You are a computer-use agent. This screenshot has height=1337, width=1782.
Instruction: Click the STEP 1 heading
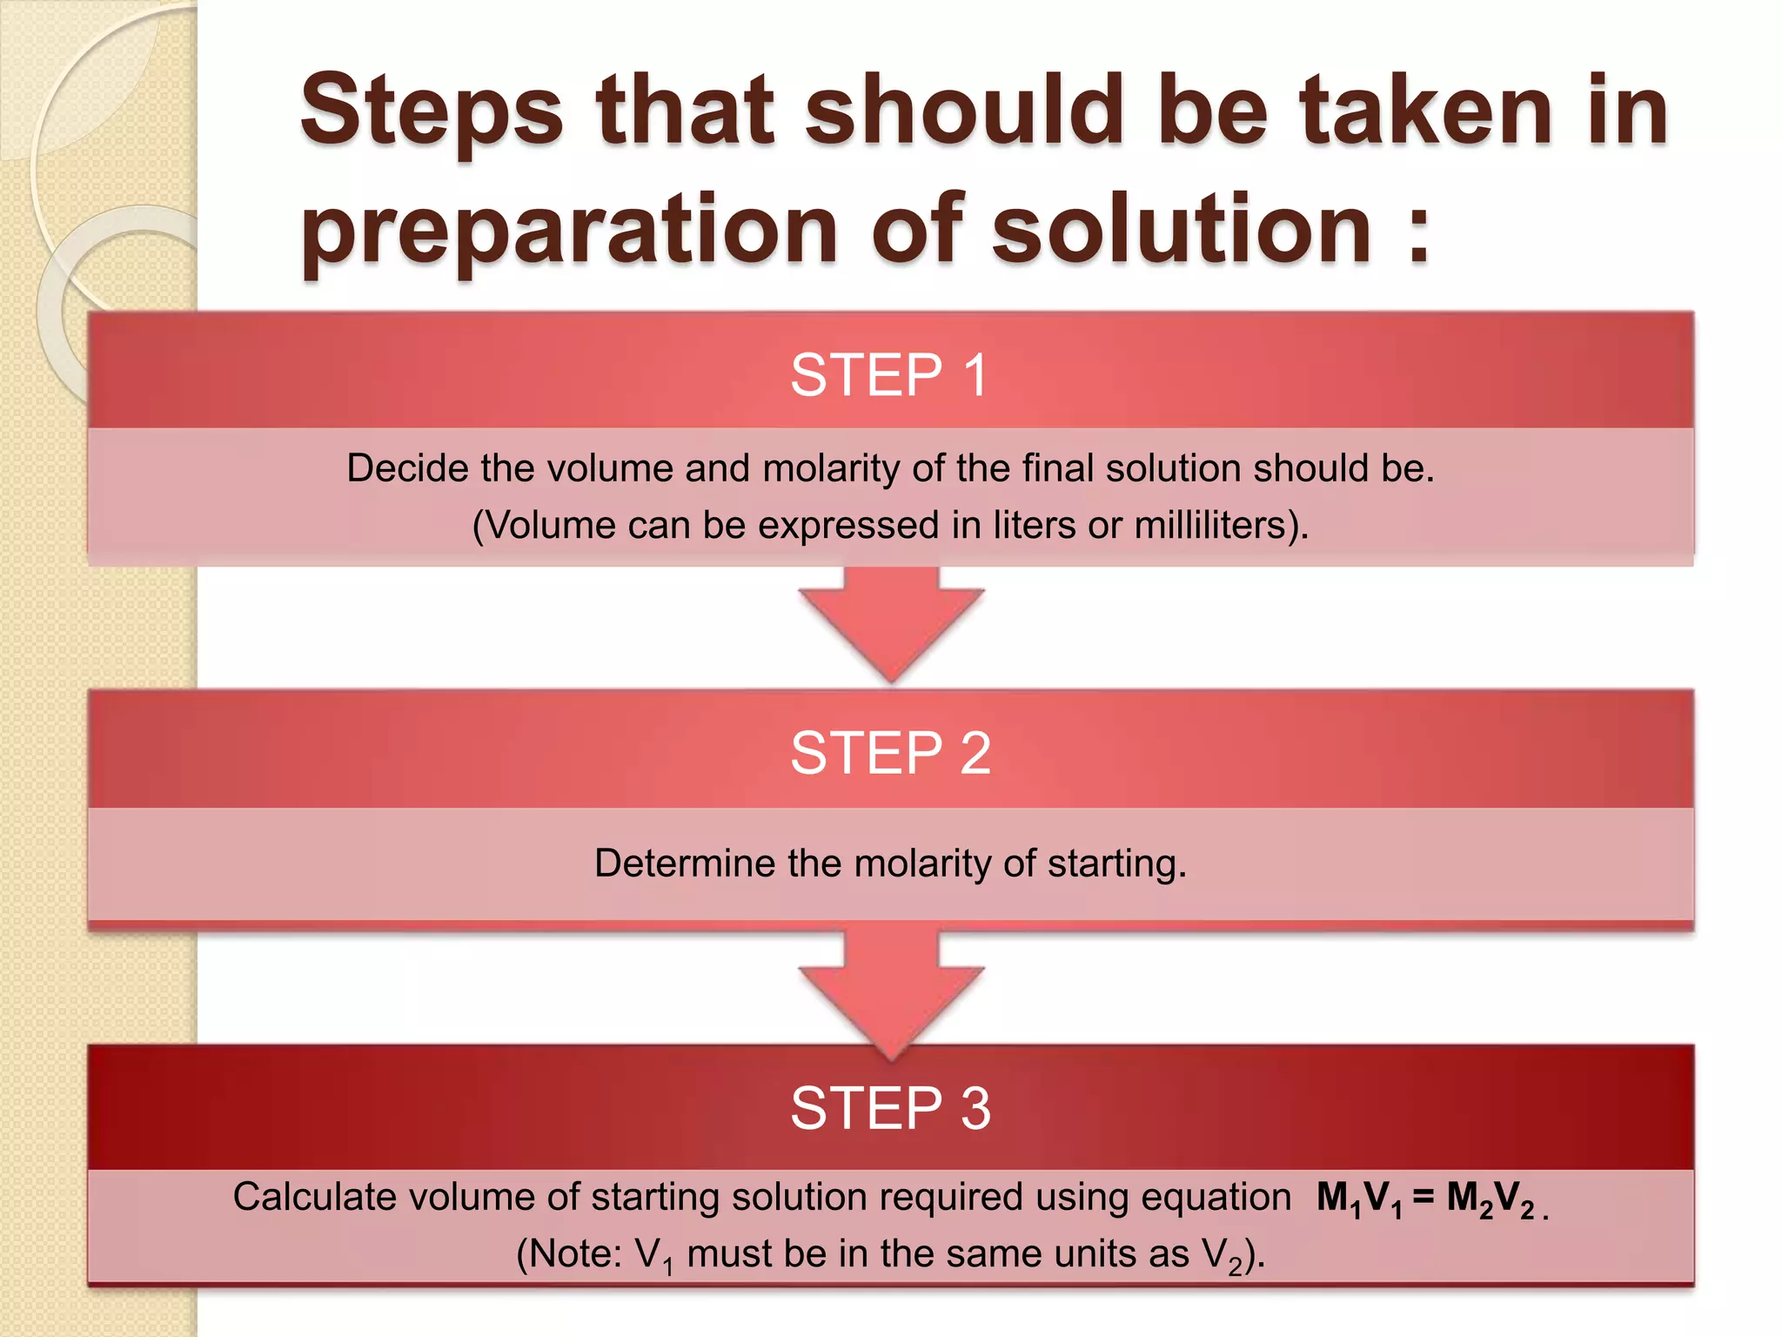point(888,375)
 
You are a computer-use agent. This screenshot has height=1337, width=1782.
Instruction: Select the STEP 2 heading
point(890,753)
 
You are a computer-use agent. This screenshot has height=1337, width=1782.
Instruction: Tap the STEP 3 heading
point(890,1108)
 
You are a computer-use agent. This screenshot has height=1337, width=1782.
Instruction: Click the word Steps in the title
point(432,111)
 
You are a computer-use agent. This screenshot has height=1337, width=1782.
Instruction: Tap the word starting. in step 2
point(1116,863)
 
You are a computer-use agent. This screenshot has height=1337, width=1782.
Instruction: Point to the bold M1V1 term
point(1358,1199)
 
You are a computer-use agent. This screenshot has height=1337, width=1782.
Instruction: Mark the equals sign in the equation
point(1424,1198)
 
